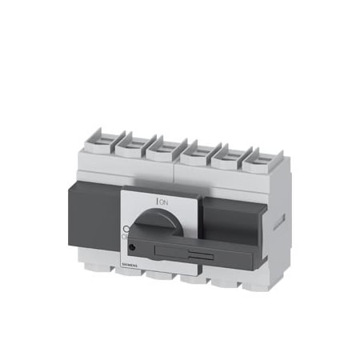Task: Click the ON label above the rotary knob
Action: tap(164, 203)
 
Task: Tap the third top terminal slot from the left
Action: tap(162, 146)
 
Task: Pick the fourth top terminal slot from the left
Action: tap(193, 148)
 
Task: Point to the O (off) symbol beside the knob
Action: tap(126, 229)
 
